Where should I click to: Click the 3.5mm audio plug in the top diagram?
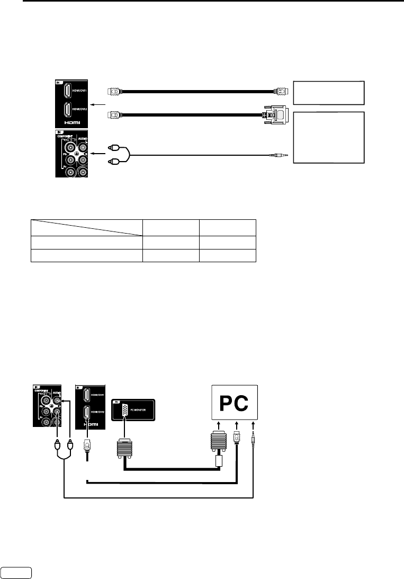(279, 155)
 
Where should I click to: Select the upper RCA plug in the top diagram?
(112, 148)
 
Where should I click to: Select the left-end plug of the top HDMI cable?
(115, 91)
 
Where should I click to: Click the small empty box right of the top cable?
(329, 93)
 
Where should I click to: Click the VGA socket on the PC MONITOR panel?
(124, 411)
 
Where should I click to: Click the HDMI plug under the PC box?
(237, 438)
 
